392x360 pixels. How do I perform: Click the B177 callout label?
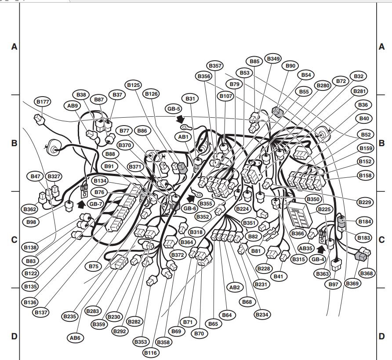43,102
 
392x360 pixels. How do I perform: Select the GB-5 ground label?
174,109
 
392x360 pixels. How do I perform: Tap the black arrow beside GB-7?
81,204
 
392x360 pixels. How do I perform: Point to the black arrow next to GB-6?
191,198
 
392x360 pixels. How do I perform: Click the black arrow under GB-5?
180,119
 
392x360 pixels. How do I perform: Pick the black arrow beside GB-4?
321,249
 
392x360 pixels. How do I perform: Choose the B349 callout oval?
273,59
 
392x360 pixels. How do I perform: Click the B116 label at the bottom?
150,353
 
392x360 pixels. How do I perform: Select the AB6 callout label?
75,338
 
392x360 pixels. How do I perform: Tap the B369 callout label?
352,283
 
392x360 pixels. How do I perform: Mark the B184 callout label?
364,222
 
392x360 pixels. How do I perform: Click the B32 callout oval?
359,76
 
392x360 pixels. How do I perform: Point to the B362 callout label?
30,209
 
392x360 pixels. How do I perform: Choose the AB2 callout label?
235,287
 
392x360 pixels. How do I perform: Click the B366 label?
298,233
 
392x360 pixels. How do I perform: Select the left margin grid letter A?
14,47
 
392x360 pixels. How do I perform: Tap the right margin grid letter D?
381,336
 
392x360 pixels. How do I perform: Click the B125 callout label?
134,85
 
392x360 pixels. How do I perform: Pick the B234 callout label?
262,314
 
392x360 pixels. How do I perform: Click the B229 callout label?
365,202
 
